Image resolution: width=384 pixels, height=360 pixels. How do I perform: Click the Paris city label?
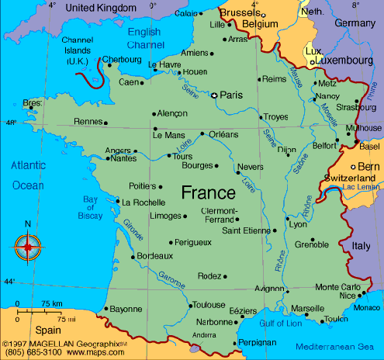pyautogui.click(x=232, y=95)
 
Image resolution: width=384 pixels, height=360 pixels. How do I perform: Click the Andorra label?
pyautogui.click(x=204, y=334)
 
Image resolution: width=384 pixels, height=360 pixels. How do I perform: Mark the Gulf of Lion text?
pyautogui.click(x=282, y=322)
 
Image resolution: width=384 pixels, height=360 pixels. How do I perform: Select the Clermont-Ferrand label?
pyautogui.click(x=219, y=215)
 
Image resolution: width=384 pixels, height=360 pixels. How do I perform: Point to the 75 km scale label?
pyautogui.click(x=52, y=303)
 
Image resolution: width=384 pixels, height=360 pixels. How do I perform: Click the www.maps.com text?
pyautogui.click(x=86, y=351)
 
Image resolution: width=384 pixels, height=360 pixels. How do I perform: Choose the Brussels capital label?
pyautogui.click(x=240, y=13)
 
